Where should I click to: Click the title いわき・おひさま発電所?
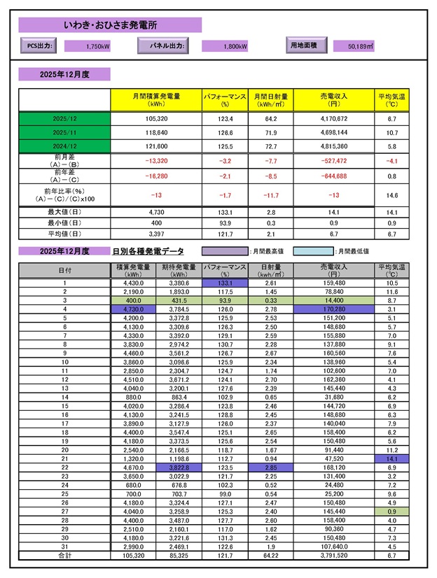111,25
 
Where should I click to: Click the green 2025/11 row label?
65,132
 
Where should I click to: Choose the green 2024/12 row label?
65,146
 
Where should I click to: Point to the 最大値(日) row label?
65,211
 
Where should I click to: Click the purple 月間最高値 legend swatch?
224,251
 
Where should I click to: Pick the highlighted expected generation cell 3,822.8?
181,466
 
